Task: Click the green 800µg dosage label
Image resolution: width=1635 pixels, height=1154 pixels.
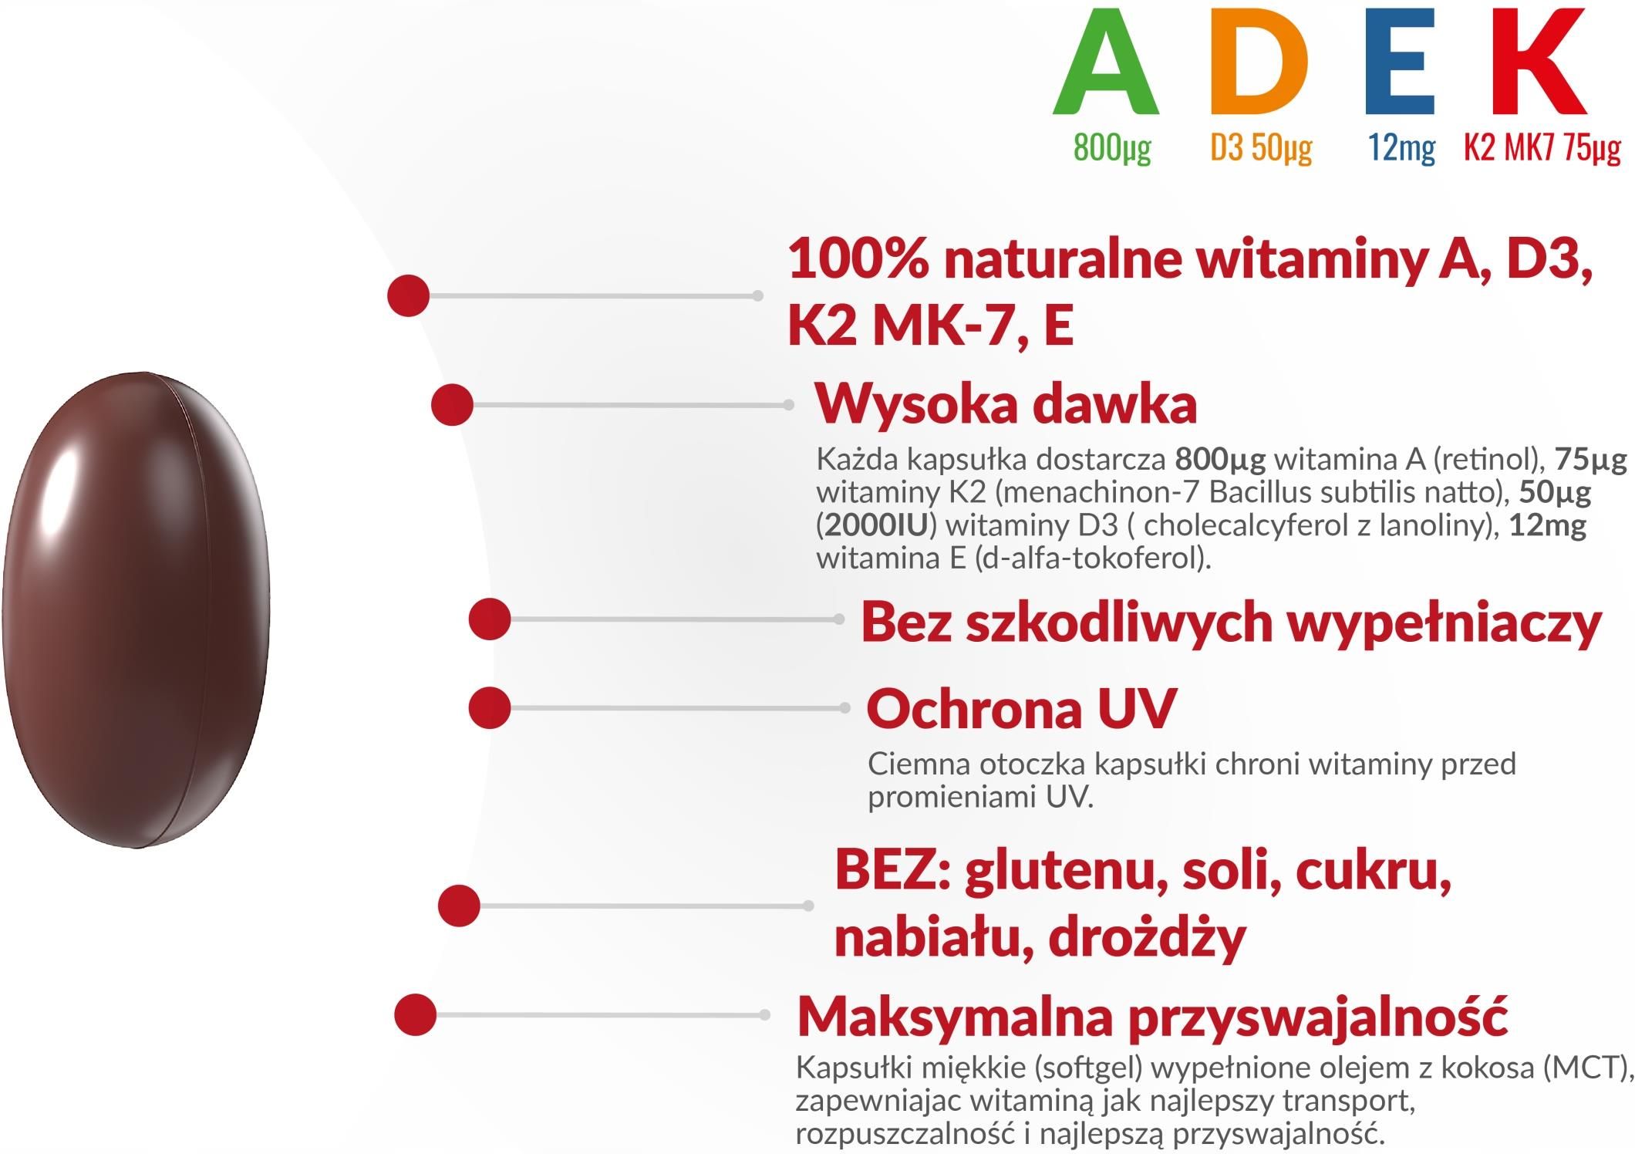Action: pyautogui.click(x=1112, y=147)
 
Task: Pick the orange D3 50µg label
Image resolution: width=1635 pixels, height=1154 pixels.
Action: pyautogui.click(x=1261, y=147)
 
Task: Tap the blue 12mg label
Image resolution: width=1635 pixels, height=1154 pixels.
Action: pyautogui.click(x=1401, y=147)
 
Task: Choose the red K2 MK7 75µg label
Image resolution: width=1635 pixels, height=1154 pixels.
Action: pyautogui.click(x=1542, y=147)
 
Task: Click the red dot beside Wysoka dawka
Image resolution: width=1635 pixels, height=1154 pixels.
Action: pyautogui.click(x=452, y=404)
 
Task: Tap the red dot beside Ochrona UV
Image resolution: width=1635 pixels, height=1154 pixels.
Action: pyautogui.click(x=490, y=707)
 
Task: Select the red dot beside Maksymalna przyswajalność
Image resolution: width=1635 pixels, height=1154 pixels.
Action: pyautogui.click(x=415, y=1014)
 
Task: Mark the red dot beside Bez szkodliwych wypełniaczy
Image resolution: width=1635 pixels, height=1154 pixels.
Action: pyautogui.click(x=490, y=619)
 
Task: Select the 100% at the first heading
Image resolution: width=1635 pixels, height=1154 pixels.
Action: pyautogui.click(x=858, y=259)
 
